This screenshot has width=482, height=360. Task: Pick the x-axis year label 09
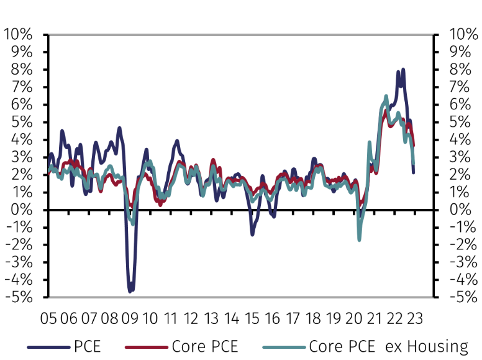pos(129,319)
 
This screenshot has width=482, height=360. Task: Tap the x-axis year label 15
pos(252,319)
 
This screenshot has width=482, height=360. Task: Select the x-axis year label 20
pos(353,319)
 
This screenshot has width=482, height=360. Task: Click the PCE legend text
pos(87,346)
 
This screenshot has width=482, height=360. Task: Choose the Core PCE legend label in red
pos(205,346)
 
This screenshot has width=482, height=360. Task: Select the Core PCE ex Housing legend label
pos(388,346)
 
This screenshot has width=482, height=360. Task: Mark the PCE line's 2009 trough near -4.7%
pos(130,290)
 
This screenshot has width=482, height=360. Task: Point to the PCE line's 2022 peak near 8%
pos(403,70)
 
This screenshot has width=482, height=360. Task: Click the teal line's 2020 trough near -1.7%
pos(359,239)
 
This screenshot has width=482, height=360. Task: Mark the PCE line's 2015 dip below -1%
pos(252,234)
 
